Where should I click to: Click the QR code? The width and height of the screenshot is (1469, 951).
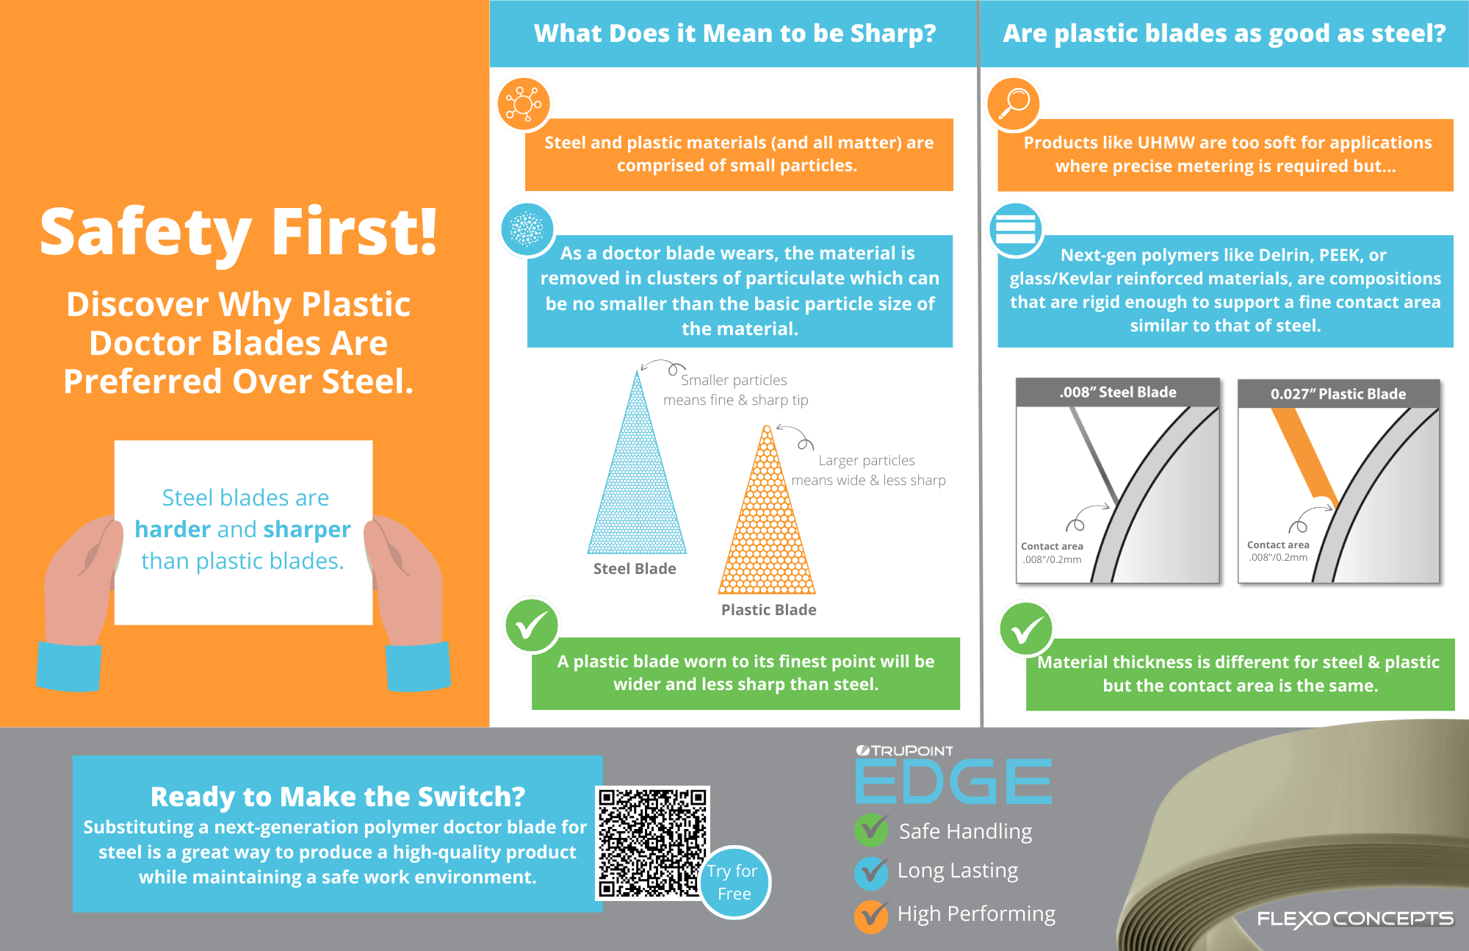(x=652, y=843)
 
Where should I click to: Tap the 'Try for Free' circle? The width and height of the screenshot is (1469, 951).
(x=734, y=882)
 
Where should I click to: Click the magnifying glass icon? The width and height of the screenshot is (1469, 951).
(x=1014, y=104)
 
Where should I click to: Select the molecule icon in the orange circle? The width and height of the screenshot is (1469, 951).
(x=524, y=104)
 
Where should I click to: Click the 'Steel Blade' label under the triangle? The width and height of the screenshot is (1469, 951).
(x=635, y=569)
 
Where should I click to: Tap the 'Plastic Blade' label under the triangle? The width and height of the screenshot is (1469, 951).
(x=768, y=610)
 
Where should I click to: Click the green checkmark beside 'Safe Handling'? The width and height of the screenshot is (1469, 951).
(x=872, y=830)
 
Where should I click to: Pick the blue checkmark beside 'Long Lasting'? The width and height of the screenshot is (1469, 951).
(x=872, y=873)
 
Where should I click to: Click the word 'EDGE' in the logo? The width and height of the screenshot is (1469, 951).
(x=953, y=781)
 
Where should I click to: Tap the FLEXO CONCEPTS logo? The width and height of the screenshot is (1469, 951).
(x=1355, y=919)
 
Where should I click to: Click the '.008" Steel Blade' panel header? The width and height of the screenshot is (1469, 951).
(x=1118, y=392)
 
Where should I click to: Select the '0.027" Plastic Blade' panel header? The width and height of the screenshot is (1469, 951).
(x=1338, y=394)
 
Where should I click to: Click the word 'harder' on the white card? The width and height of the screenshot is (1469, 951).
(x=173, y=529)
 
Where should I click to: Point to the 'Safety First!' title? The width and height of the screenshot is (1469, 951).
(x=239, y=232)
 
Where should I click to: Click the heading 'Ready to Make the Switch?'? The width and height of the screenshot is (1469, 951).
(x=338, y=797)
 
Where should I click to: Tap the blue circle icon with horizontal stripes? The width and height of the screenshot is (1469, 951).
(x=1016, y=229)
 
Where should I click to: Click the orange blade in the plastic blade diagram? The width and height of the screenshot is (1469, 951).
(x=1304, y=457)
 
